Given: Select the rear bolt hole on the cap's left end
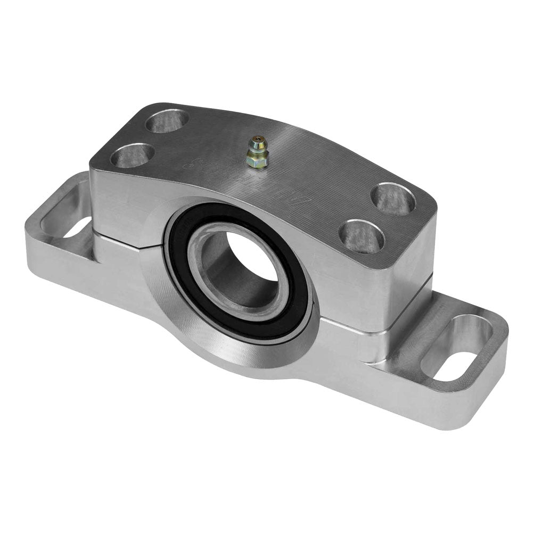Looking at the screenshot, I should pos(167,121).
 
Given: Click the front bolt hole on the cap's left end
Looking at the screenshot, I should pos(134,155).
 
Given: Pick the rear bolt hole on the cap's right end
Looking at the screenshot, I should pos(393,199).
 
